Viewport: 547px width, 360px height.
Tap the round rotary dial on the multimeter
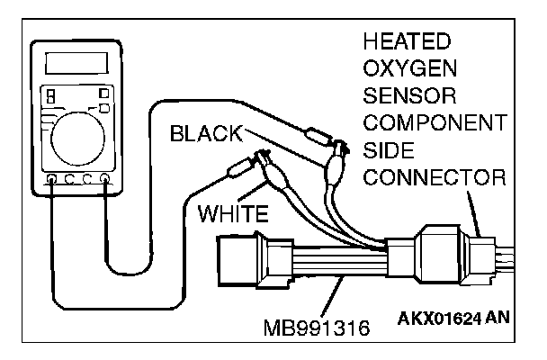77,137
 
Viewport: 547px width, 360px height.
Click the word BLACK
204,133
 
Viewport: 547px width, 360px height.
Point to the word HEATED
408,41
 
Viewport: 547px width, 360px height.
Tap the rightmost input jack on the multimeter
106,180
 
